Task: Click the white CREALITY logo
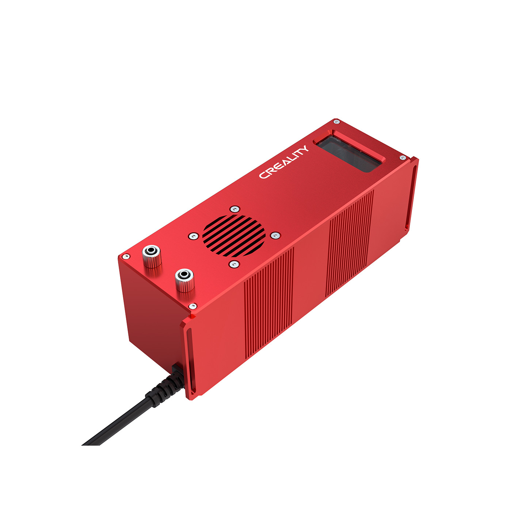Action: point(283,162)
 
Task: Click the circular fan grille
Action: point(234,236)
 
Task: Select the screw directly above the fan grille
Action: point(235,209)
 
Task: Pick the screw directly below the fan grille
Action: point(234,264)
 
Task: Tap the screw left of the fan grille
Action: point(194,236)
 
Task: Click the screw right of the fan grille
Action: point(275,235)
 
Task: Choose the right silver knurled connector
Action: point(184,280)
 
